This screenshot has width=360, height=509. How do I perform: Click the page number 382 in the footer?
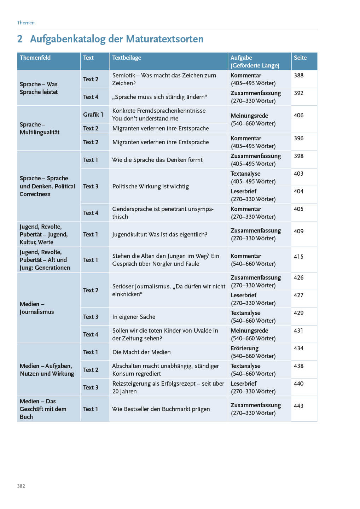pyautogui.click(x=21, y=486)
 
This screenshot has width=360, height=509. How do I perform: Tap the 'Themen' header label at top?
pyautogui.click(x=26, y=23)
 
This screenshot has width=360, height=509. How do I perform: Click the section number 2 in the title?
pyautogui.click(x=20, y=39)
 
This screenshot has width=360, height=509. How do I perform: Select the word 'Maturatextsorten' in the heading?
pyautogui.click(x=164, y=39)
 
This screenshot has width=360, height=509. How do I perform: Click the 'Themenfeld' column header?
pyautogui.click(x=35, y=58)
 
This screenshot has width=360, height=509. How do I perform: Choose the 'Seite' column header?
pyautogui.click(x=300, y=58)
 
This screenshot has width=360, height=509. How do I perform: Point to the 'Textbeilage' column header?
pyautogui.click(x=127, y=58)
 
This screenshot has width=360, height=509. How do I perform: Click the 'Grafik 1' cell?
pyautogui.click(x=93, y=115)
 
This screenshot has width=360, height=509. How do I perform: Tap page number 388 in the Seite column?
pyautogui.click(x=299, y=75)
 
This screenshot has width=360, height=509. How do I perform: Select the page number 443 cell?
pyautogui.click(x=299, y=406)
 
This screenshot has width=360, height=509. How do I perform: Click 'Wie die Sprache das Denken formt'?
pyautogui.click(x=157, y=160)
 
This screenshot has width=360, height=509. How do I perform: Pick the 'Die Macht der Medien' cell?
pyautogui.click(x=141, y=352)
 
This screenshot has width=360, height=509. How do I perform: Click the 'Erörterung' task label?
pyautogui.click(x=245, y=348)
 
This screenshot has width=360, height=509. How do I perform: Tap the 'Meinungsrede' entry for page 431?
pyautogui.click(x=249, y=330)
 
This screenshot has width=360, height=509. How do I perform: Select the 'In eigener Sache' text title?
pyautogui.click(x=134, y=317)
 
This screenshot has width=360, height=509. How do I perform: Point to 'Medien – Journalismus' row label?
pyautogui.click(x=37, y=308)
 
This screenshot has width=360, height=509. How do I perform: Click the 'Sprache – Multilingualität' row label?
pyautogui.click(x=39, y=128)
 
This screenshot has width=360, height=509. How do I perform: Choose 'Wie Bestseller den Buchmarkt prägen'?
pyautogui.click(x=161, y=409)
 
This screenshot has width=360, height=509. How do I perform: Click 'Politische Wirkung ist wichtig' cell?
pyautogui.click(x=151, y=186)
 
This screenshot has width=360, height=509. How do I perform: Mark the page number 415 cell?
pyautogui.click(x=299, y=257)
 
